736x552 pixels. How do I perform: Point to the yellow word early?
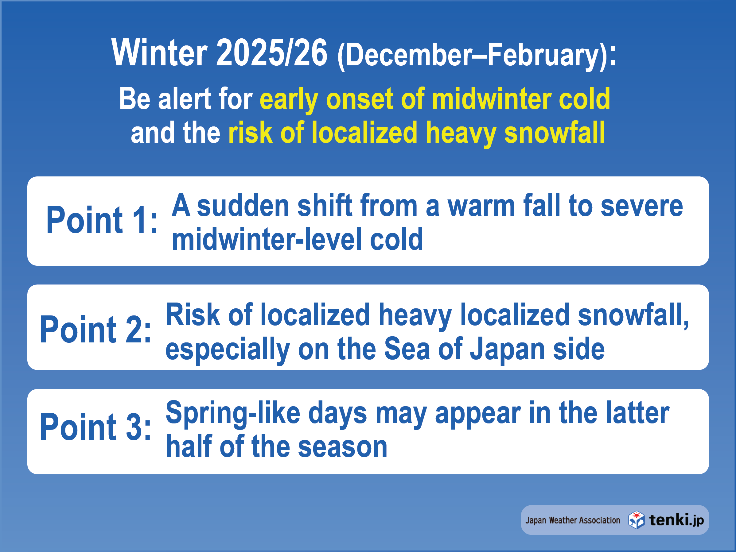click(289, 99)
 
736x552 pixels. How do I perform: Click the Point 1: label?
click(102, 220)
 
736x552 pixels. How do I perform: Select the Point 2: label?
click(95, 329)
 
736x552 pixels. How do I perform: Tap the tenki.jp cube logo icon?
click(636, 520)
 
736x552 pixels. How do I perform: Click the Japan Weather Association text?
click(573, 520)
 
